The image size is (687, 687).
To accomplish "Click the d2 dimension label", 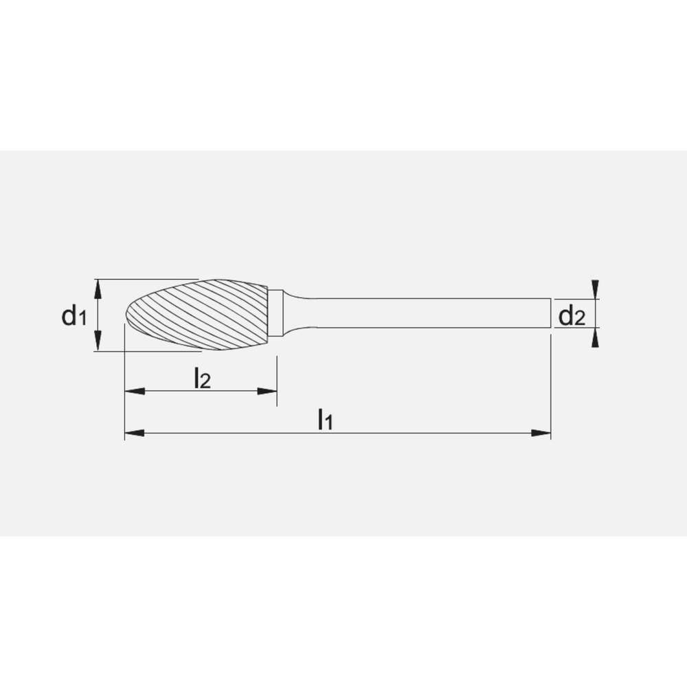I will point(571,317).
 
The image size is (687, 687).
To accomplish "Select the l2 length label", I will point(201,378).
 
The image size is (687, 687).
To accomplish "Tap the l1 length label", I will point(324,419).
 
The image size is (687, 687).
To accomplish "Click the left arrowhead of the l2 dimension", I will point(133,392).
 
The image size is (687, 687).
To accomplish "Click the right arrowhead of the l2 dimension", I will point(267,392).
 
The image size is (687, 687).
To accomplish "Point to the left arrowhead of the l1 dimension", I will point(133,433).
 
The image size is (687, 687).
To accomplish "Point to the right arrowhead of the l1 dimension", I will point(542,433).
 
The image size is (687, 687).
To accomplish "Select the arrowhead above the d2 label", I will point(595,289).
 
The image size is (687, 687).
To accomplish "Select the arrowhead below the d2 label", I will point(595,337).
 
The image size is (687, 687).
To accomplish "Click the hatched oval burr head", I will point(206,315).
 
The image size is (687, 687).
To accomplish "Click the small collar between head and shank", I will point(275,313).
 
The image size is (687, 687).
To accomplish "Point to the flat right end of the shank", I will point(550,313).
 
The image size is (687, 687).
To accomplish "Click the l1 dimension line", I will point(412,433).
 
